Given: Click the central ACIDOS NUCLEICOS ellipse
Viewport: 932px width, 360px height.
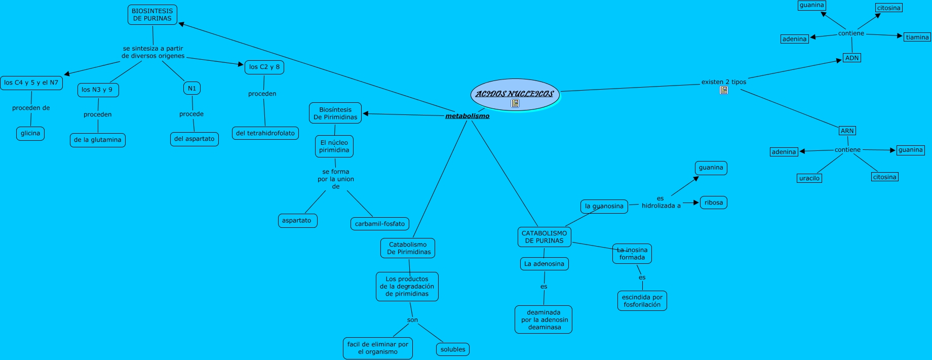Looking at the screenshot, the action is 515,94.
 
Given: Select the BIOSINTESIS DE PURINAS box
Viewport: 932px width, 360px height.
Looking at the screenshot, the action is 152,15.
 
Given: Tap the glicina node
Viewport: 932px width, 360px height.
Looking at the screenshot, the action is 30,134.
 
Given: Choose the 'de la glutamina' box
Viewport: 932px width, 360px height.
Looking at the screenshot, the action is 98,140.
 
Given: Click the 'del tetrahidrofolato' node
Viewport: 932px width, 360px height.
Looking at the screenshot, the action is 265,134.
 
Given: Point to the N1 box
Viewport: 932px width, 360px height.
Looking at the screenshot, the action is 192,89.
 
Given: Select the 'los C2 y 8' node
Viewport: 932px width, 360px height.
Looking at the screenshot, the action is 264,67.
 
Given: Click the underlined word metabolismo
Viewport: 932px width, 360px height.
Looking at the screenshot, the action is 467,116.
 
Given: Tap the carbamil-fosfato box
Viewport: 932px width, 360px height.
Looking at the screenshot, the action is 380,224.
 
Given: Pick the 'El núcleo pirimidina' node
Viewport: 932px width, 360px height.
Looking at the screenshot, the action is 334,146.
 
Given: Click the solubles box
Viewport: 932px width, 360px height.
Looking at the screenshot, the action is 453,349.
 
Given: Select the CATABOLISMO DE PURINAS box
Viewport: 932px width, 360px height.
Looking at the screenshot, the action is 545,237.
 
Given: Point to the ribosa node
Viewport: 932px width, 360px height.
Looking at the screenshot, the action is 714,203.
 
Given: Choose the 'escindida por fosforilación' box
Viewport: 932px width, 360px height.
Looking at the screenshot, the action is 642,301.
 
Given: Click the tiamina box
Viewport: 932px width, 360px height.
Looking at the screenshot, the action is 917,37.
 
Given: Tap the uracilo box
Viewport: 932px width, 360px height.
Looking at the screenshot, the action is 809,178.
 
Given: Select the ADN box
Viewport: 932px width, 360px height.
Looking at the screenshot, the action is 852,58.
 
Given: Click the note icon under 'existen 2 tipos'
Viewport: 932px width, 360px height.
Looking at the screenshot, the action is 724,90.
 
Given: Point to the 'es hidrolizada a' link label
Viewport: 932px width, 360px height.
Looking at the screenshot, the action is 661,202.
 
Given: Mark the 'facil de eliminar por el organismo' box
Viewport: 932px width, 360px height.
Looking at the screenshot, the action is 378,348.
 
